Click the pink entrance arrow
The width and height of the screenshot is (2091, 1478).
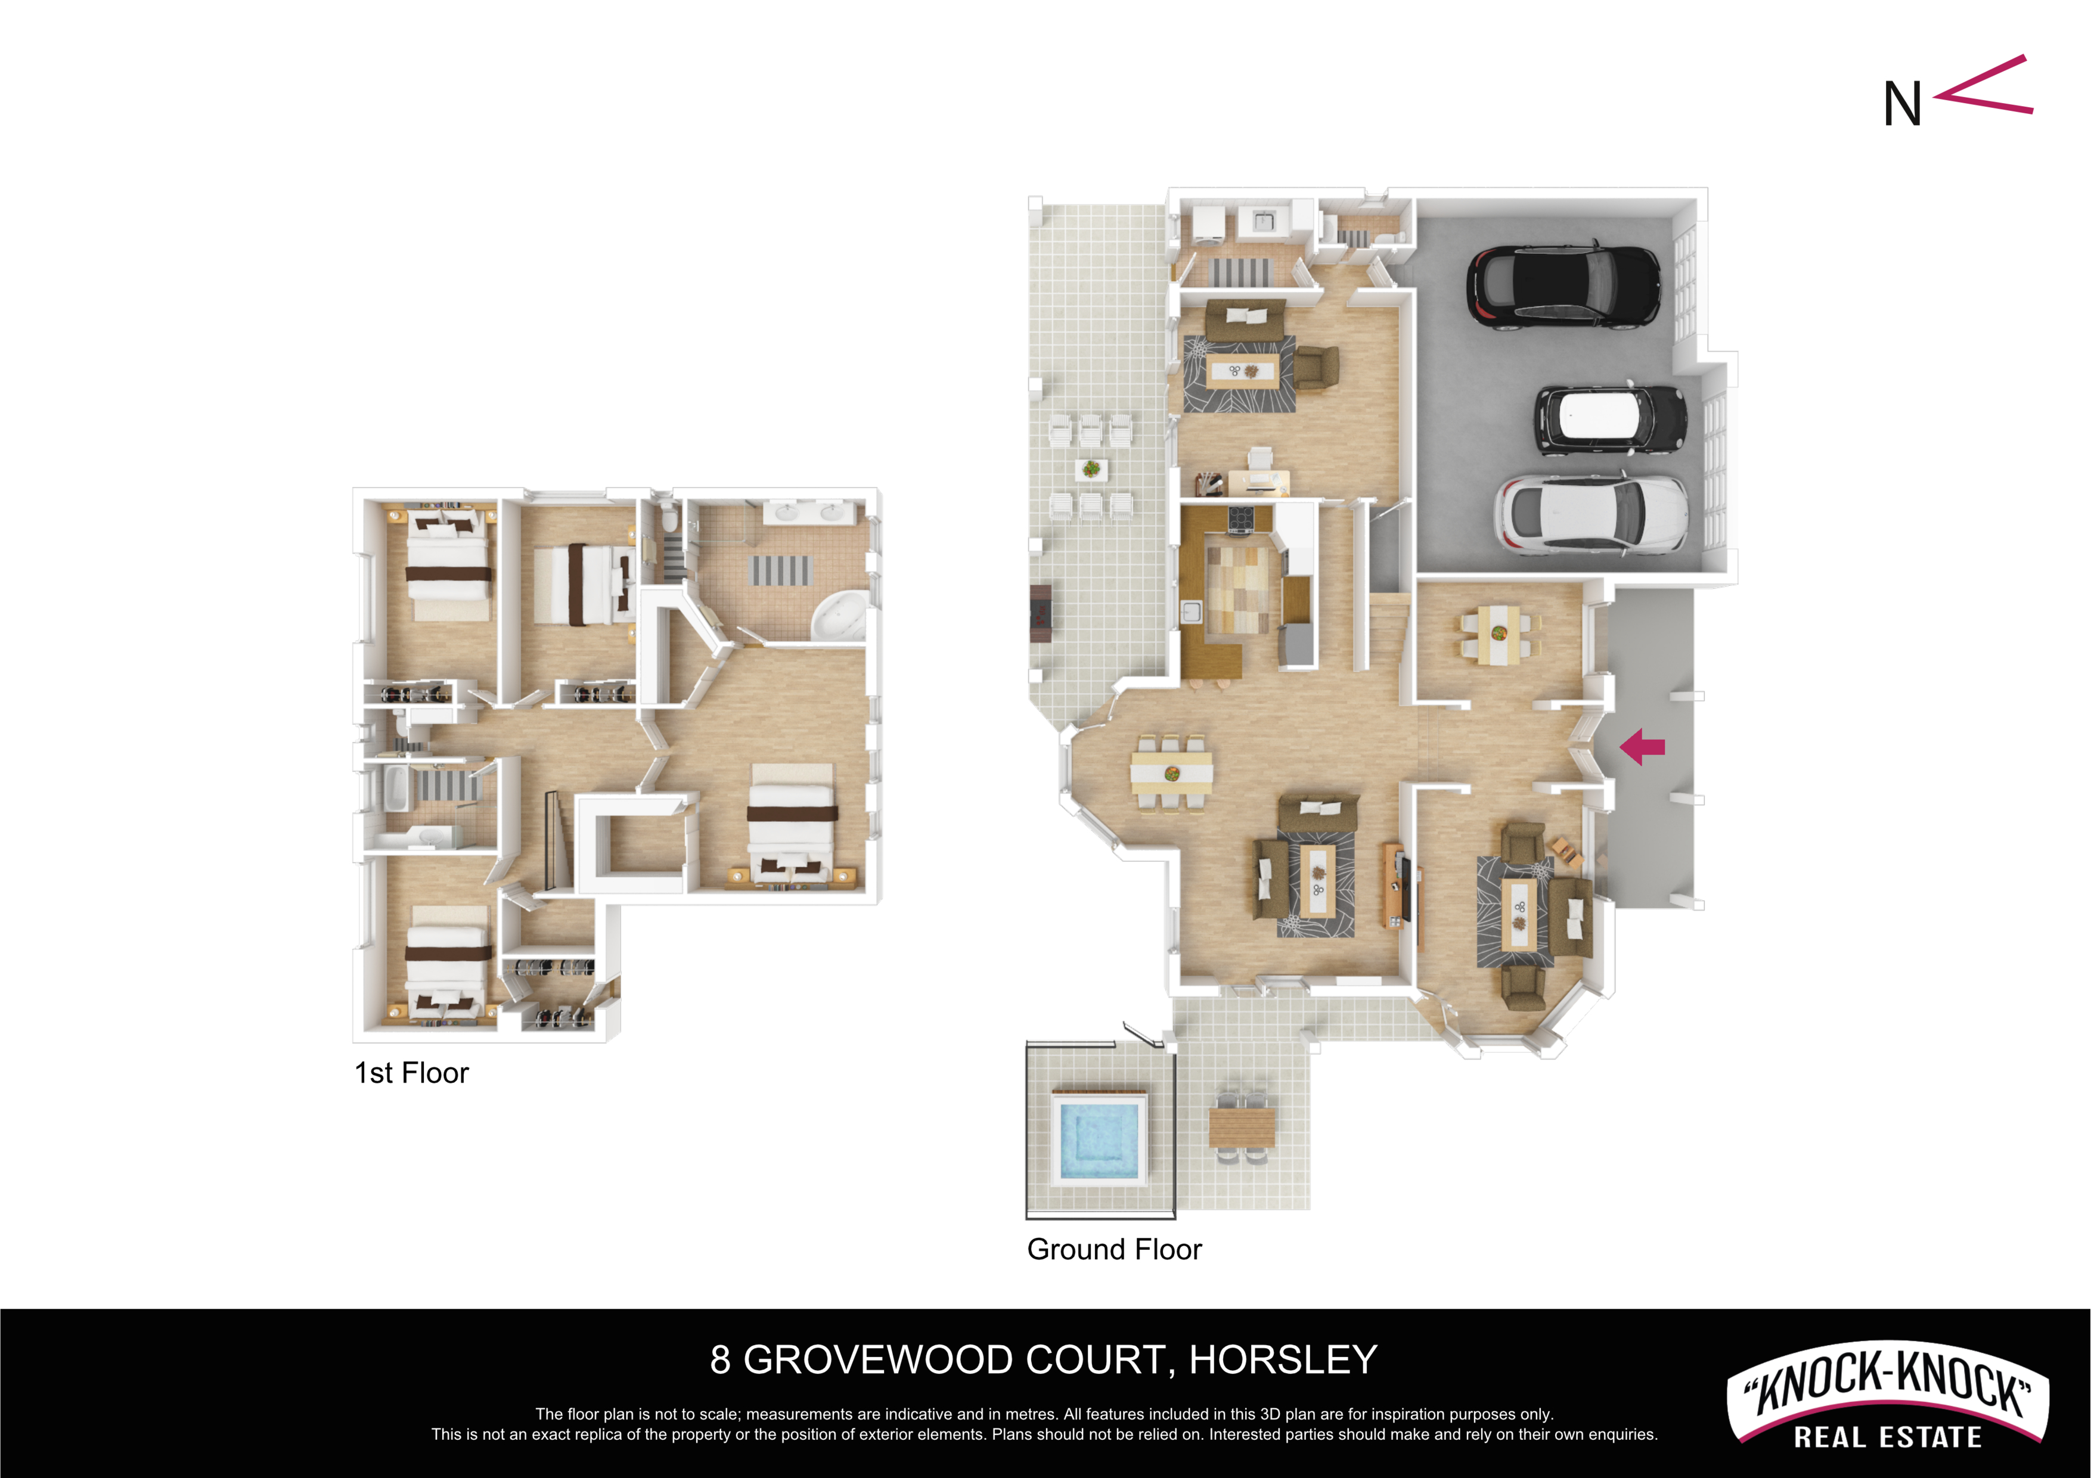pos(1642,747)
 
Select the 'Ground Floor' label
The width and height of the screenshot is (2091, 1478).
pos(1114,1249)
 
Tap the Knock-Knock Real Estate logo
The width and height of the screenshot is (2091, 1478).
pos(1887,1394)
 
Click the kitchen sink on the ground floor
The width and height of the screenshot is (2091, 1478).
pos(1191,612)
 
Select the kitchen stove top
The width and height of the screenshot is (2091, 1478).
pos(1240,518)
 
